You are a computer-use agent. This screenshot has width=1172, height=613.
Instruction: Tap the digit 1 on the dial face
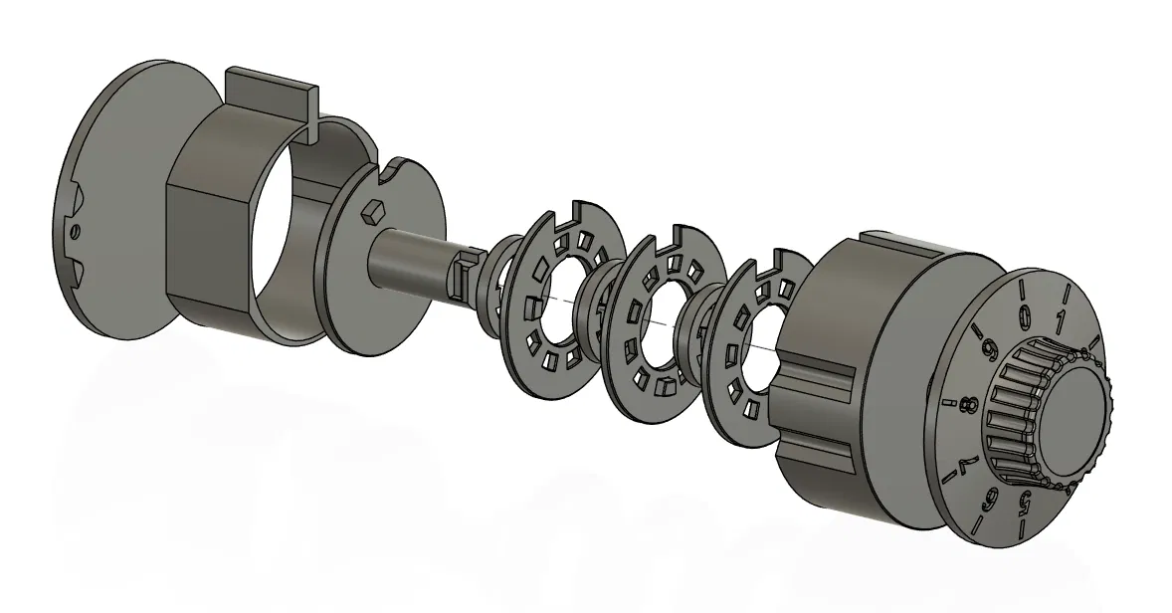coord(1060,322)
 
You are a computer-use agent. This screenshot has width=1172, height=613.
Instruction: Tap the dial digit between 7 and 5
coord(990,500)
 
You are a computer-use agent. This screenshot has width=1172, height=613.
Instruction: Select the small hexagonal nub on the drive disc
coord(371,212)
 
